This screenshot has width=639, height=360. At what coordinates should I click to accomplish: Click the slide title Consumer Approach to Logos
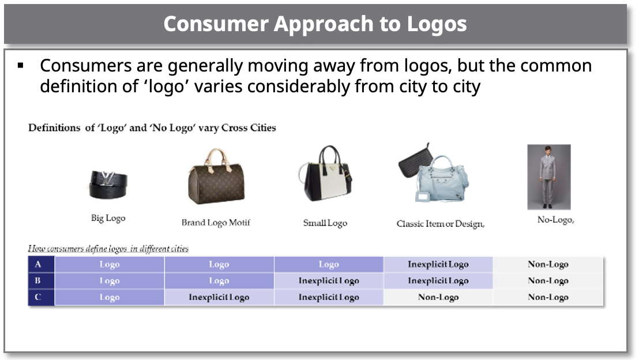point(315,24)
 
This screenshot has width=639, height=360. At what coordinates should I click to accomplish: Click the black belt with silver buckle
point(108,185)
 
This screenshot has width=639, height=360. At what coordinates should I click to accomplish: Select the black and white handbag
point(325,173)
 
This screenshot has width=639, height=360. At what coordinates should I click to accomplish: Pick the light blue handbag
point(441,179)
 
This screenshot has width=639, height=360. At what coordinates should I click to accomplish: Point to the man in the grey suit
point(548,177)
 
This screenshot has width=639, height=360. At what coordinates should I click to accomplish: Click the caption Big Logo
point(108,219)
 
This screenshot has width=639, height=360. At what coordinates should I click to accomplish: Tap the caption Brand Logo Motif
point(216,223)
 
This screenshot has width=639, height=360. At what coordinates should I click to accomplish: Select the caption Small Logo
point(325,223)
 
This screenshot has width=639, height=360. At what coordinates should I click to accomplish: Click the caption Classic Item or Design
point(440,224)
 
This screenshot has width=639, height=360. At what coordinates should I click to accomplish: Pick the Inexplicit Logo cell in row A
point(438,264)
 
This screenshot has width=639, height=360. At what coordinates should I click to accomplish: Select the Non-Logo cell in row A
point(548,264)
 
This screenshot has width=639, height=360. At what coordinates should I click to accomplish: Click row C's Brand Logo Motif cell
point(219,297)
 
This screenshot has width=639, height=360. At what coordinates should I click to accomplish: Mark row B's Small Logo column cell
point(329,281)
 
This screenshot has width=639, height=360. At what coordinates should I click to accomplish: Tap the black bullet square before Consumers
point(21,65)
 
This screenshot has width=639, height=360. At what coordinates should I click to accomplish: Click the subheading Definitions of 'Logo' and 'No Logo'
point(152,127)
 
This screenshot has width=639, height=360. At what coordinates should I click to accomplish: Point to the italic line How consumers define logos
point(108,249)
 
